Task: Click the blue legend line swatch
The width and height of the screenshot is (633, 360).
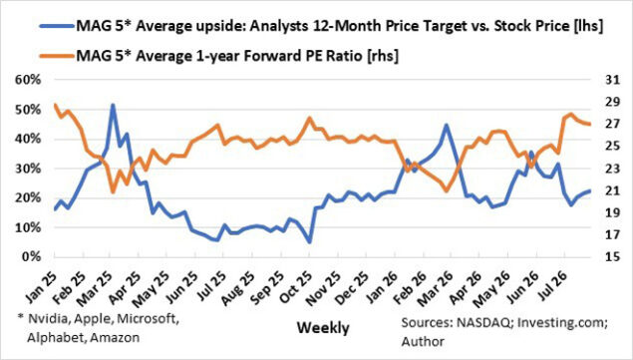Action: click(x=58, y=26)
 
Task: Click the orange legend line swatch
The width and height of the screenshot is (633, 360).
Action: click(x=58, y=56)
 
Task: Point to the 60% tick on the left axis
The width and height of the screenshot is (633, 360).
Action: click(x=28, y=80)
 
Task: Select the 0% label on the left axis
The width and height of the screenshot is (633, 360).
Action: click(x=32, y=256)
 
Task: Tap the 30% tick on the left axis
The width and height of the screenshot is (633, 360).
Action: click(x=28, y=169)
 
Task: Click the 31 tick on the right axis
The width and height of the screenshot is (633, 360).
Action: click(x=612, y=80)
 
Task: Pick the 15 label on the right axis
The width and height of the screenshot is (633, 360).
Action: click(x=612, y=256)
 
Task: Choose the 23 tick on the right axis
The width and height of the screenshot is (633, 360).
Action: click(x=612, y=169)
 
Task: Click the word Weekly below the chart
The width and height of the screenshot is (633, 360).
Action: click(x=323, y=328)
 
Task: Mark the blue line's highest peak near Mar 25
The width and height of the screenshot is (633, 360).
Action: click(x=113, y=105)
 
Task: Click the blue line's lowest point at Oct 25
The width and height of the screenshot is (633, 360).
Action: click(x=309, y=242)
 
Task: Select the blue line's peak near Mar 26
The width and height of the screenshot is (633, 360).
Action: click(x=446, y=126)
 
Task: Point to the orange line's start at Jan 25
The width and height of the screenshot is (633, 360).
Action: click(x=55, y=105)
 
